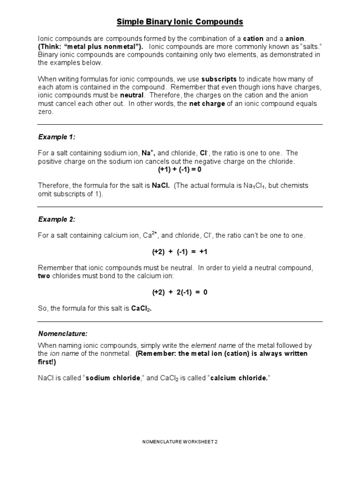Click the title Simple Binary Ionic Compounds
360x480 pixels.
click(x=180, y=22)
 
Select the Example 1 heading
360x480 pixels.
click(x=57, y=137)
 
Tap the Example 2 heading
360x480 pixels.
click(x=57, y=219)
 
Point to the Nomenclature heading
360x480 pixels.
click(x=63, y=333)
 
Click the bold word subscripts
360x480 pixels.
click(x=219, y=79)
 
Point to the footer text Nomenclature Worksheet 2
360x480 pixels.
click(x=180, y=442)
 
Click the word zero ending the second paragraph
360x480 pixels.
click(x=45, y=112)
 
